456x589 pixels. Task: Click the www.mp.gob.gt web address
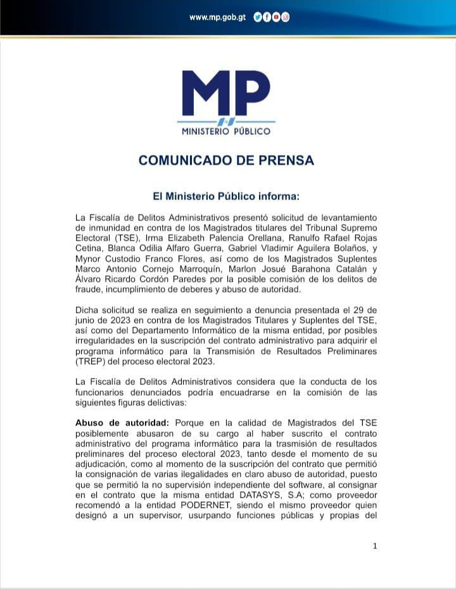coord(217,18)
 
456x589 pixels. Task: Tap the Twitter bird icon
coord(257,18)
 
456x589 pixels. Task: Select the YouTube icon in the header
coord(276,18)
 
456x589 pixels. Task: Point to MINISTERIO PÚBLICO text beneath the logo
coord(226,131)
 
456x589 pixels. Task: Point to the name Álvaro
coord(89,280)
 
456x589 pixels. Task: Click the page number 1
coord(375,546)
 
